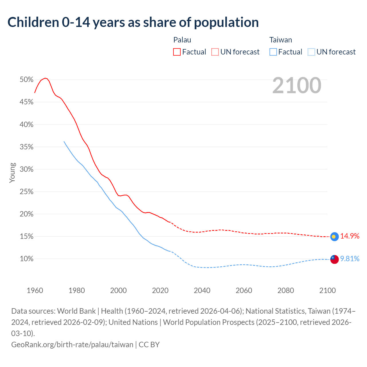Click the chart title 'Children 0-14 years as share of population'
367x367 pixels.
pyautogui.click(x=133, y=22)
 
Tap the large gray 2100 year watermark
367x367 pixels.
pyautogui.click(x=297, y=85)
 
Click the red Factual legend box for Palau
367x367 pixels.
pyautogui.click(x=177, y=52)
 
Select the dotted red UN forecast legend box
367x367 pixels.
pyautogui.click(x=215, y=52)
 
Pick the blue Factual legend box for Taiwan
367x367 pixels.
pyautogui.click(x=273, y=52)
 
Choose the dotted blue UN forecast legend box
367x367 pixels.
pyautogui.click(x=311, y=52)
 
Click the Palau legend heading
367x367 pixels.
pyautogui.click(x=182, y=40)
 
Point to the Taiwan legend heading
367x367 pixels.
pyautogui.click(x=280, y=40)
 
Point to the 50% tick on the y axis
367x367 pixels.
pyautogui.click(x=26, y=79)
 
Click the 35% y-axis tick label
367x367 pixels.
pyautogui.click(x=26, y=147)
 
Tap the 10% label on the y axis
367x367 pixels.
pyautogui.click(x=26, y=259)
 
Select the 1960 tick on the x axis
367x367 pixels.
pyautogui.click(x=35, y=290)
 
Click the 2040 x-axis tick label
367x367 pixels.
pyautogui.click(x=202, y=290)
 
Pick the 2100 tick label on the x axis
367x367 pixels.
pyautogui.click(x=327, y=290)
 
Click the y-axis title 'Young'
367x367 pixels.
pyautogui.click(x=12, y=173)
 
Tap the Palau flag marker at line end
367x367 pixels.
pyautogui.click(x=334, y=237)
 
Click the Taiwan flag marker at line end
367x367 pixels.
pyautogui.click(x=334, y=259)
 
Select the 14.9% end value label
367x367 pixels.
pyautogui.click(x=350, y=236)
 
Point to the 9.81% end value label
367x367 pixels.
pyautogui.click(x=350, y=259)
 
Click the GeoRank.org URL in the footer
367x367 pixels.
pyautogui.click(x=72, y=344)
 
